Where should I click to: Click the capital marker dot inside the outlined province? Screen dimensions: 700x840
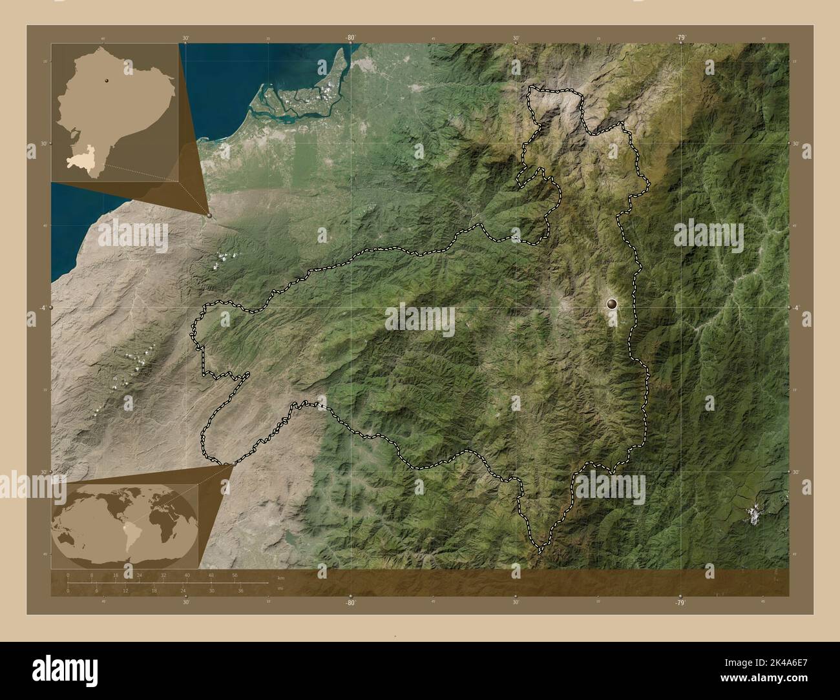click(x=612, y=302)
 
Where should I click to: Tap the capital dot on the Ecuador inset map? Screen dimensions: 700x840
click(x=105, y=81)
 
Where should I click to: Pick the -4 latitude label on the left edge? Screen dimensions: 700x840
click(x=41, y=307)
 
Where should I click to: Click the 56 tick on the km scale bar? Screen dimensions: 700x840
click(x=235, y=575)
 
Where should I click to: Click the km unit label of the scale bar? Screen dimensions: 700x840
click(x=280, y=577)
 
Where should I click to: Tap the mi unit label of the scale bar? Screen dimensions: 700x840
click(x=280, y=588)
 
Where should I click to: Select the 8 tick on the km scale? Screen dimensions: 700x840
click(x=92, y=575)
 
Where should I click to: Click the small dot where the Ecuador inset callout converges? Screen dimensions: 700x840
click(x=208, y=215)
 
